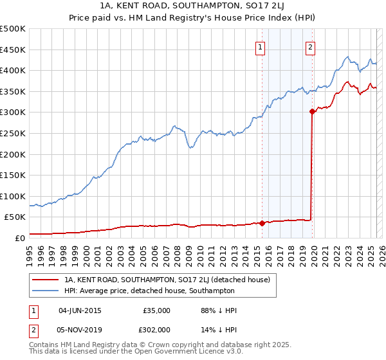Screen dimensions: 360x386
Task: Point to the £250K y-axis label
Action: coord(13,133)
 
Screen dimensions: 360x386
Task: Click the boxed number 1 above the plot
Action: coord(261,47)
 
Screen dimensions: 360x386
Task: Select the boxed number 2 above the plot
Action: coord(310,47)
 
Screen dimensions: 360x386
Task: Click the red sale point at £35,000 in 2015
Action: coord(262,223)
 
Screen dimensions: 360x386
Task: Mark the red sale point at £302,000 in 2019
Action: coord(312,111)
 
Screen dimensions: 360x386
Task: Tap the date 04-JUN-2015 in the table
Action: coord(80,310)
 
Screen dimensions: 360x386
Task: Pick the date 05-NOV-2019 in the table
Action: coord(80,330)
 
